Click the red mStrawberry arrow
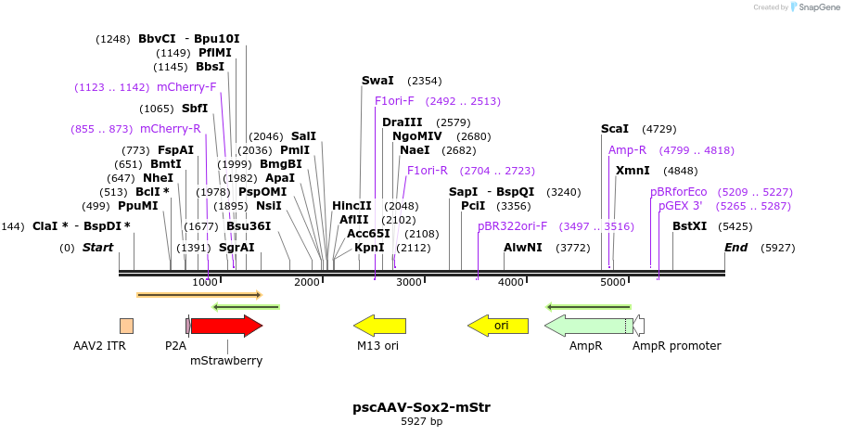click(x=226, y=326)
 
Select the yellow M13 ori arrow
click(x=379, y=326)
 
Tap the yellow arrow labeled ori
click(x=498, y=326)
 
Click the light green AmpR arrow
click(x=588, y=326)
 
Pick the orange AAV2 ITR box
click(x=126, y=326)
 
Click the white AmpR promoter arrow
click(x=639, y=326)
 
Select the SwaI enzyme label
click(x=377, y=81)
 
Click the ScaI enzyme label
click(x=614, y=129)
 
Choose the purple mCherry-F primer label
click(x=186, y=87)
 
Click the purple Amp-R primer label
click(x=627, y=149)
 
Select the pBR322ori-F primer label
click(x=512, y=225)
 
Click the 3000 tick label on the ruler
click(x=409, y=282)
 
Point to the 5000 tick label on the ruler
click(x=613, y=282)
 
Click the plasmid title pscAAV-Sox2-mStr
click(x=421, y=406)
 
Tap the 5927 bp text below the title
click(x=421, y=421)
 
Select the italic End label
click(x=735, y=248)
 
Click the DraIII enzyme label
click(x=402, y=122)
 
